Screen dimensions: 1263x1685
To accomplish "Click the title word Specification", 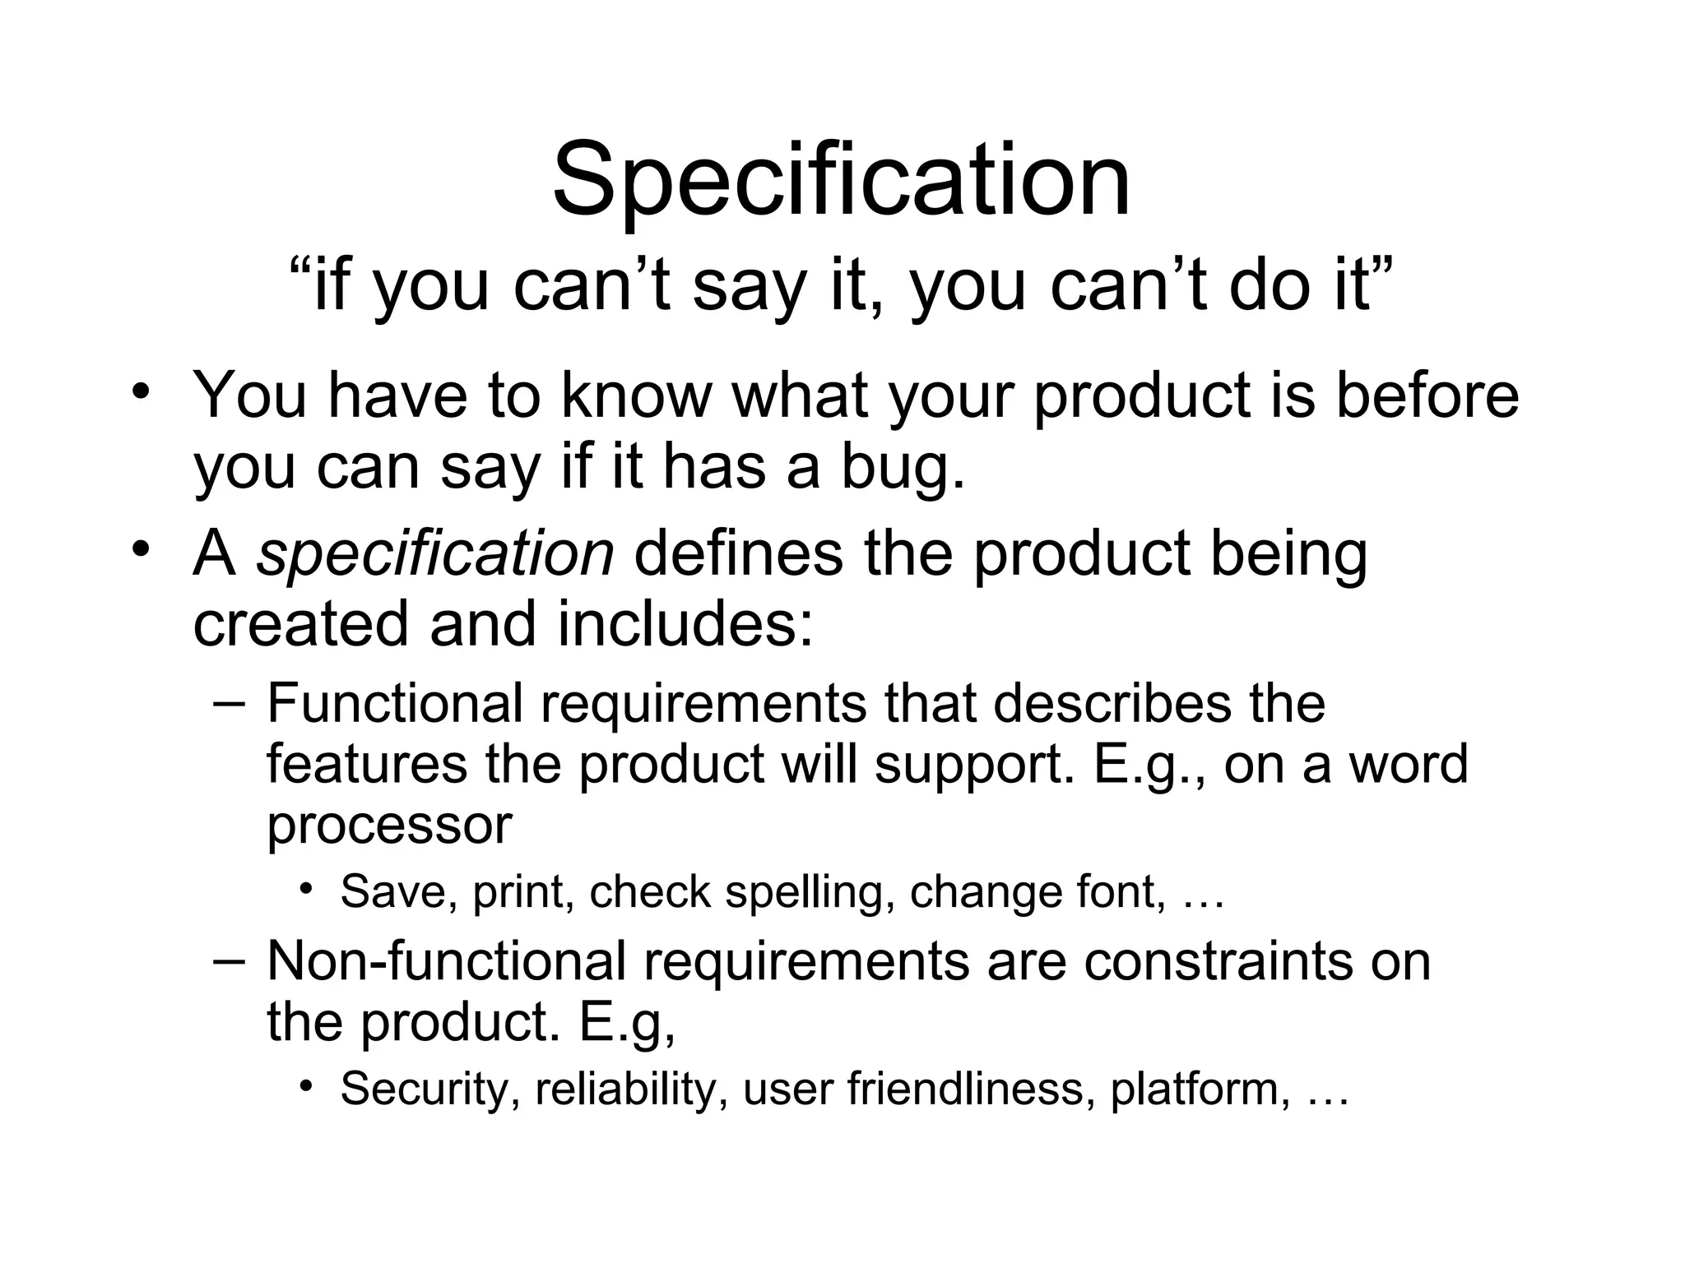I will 841,181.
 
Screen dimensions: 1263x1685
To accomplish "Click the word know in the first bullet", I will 635,396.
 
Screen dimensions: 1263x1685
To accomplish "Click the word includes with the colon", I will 685,623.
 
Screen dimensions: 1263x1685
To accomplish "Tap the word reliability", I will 626,1089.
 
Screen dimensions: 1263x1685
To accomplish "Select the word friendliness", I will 971,1089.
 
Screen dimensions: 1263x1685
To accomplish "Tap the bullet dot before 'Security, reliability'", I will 307,1087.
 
